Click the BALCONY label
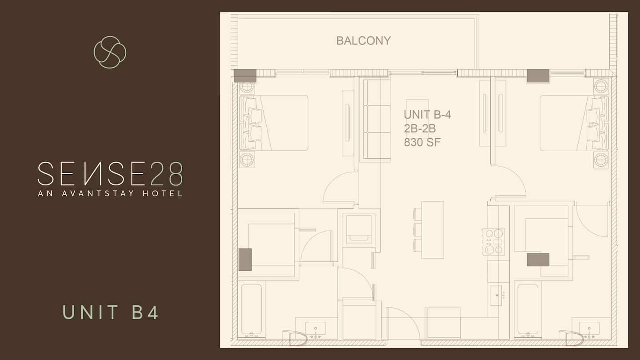[x=364, y=41]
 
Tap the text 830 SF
[x=422, y=142]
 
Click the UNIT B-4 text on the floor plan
[x=428, y=115]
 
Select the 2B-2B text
[x=420, y=128]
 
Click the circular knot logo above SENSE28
[x=110, y=52]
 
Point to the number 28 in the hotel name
[x=166, y=174]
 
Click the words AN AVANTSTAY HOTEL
[x=110, y=193]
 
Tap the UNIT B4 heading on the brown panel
[x=110, y=312]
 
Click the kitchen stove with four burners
[x=493, y=242]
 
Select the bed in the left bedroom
[x=274, y=123]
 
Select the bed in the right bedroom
[x=574, y=123]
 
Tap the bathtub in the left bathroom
[x=252, y=311]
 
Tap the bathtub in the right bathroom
[x=528, y=311]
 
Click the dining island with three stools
[x=429, y=230]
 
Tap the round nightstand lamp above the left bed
[x=247, y=87]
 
